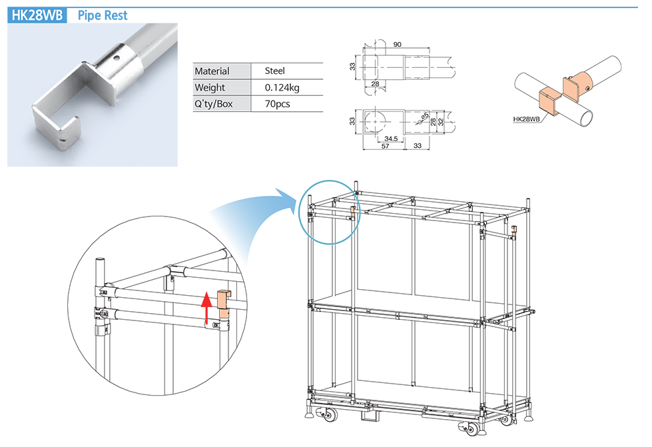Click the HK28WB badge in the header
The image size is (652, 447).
[x=37, y=15]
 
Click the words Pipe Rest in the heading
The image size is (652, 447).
[x=103, y=15]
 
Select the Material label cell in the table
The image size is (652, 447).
[x=212, y=71]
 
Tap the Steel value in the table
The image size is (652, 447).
[x=274, y=71]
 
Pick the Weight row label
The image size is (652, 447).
[x=210, y=87]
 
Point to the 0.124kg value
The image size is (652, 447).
[x=282, y=87]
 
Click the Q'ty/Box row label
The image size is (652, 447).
[x=214, y=104]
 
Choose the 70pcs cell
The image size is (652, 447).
[x=277, y=104]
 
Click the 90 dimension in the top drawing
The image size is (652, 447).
[x=397, y=45]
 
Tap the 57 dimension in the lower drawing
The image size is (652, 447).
[x=385, y=146]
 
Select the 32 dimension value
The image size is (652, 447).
[x=440, y=121]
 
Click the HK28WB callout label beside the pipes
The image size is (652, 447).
[x=525, y=120]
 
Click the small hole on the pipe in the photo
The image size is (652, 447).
[x=117, y=58]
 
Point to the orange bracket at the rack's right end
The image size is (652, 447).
[x=514, y=232]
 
